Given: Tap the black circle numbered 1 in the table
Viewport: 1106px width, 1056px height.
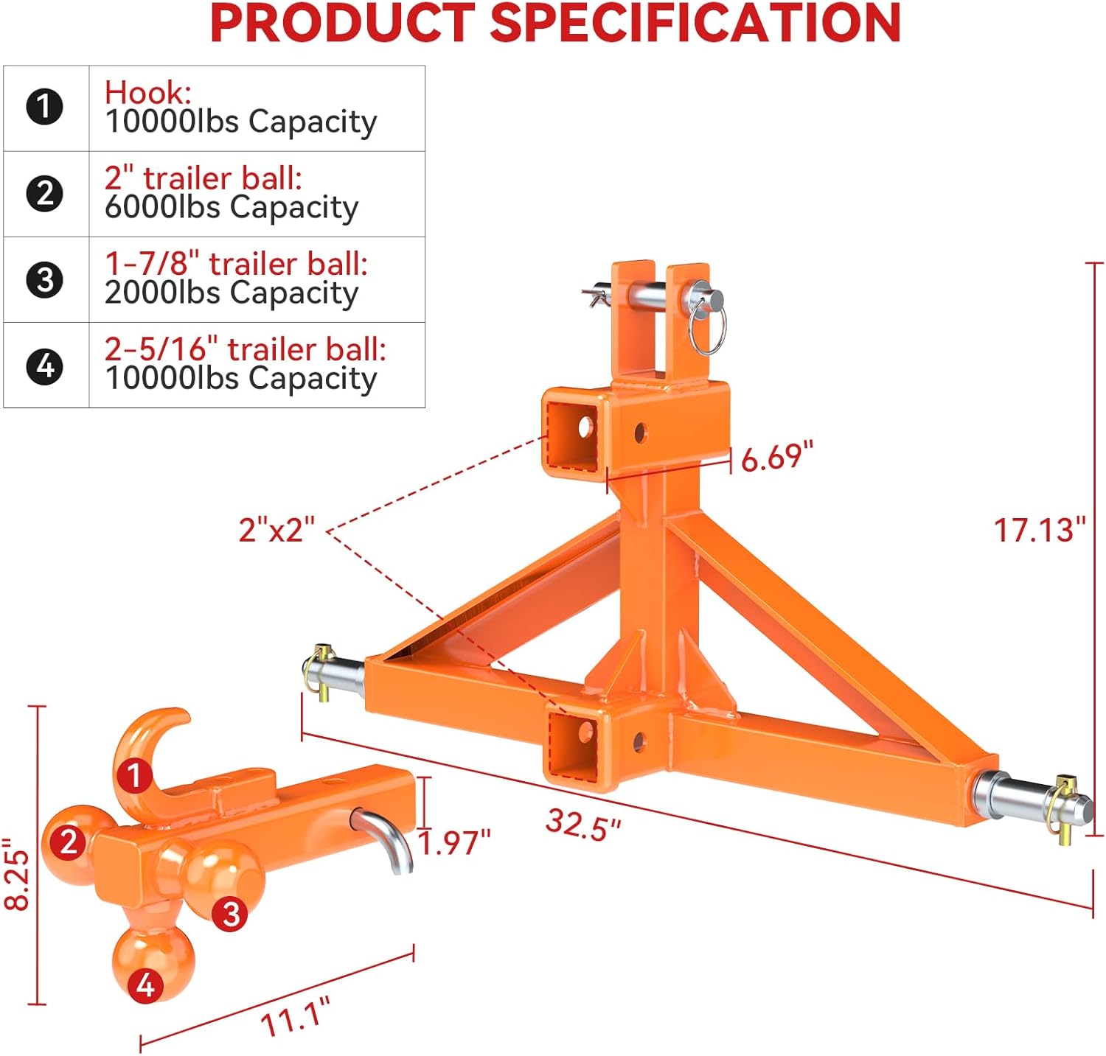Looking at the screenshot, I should (x=45, y=108).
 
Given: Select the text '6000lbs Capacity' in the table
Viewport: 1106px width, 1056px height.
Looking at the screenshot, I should (x=231, y=208).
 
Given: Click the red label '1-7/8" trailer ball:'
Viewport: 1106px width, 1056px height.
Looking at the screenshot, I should (x=236, y=263).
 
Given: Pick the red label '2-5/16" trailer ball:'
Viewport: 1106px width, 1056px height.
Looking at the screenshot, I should (x=245, y=349).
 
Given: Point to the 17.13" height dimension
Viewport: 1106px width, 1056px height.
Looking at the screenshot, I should (x=1039, y=531).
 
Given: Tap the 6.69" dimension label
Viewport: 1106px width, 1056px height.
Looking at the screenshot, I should (x=776, y=457).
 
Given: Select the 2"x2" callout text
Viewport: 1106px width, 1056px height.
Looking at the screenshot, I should (x=276, y=529).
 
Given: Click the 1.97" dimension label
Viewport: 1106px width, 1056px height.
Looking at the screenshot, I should (x=454, y=842).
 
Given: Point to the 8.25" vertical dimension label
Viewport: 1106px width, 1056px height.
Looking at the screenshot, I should (x=17, y=874).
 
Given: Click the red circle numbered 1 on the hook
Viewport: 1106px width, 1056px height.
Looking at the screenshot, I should (x=134, y=775).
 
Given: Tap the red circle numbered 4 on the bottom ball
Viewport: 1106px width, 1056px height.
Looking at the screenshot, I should (x=145, y=985).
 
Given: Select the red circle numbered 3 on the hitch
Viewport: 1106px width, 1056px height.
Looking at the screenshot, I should (x=230, y=913).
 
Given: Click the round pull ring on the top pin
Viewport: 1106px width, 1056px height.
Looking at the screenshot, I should (x=708, y=328).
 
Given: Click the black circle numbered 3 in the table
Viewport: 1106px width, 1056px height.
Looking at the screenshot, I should (x=45, y=280).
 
